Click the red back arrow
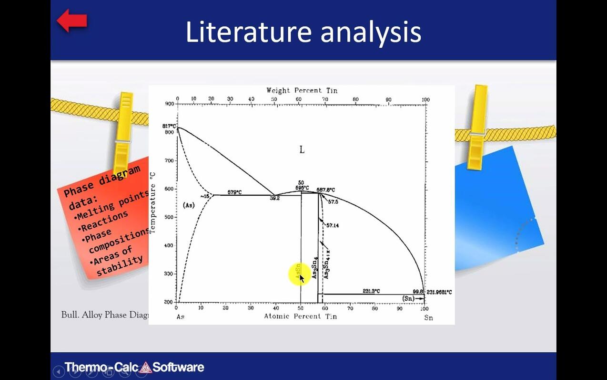[x=72, y=21]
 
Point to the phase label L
[x=302, y=150]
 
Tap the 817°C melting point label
[x=169, y=126]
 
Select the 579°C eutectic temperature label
[x=234, y=192]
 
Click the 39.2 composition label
[x=274, y=198]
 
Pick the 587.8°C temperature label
[x=326, y=190]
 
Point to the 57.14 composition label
[x=333, y=225]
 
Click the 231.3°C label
[x=371, y=291]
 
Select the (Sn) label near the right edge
[x=408, y=298]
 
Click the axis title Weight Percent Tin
[x=302, y=90]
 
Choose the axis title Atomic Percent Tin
[x=300, y=316]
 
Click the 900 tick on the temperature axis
[x=170, y=104]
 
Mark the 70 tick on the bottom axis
[x=350, y=308]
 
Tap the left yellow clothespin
[x=123, y=129]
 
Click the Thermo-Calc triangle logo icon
[x=145, y=367]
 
